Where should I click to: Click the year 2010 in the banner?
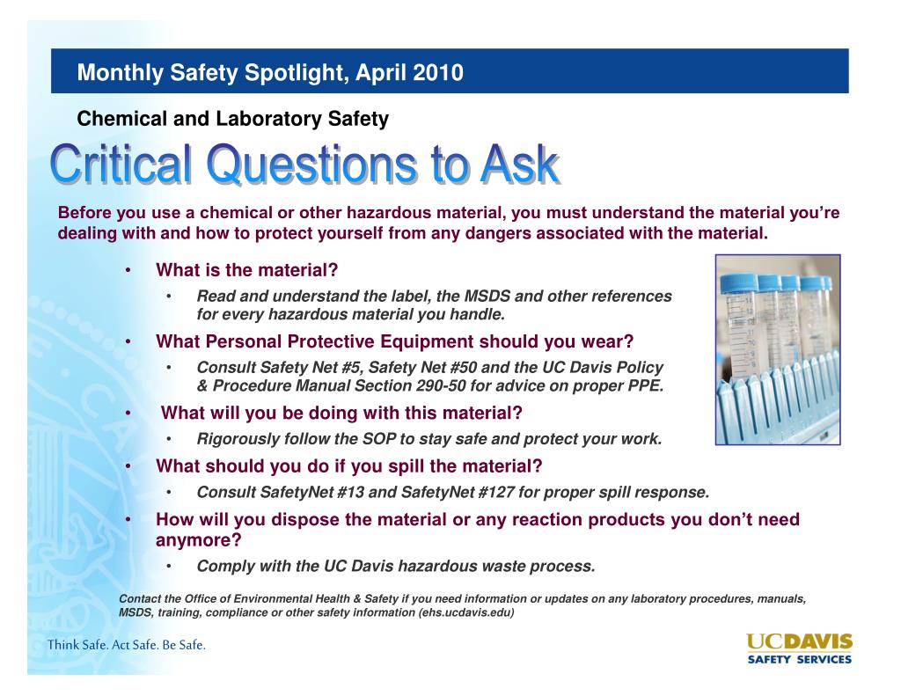click(436, 72)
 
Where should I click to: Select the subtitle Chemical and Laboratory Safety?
click(233, 118)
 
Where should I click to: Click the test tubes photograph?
click(777, 349)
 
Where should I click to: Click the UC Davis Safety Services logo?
click(799, 648)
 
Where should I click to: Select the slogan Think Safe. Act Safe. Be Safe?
click(127, 645)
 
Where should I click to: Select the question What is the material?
click(246, 269)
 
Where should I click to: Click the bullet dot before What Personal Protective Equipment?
click(128, 341)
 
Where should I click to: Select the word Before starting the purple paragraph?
click(84, 214)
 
